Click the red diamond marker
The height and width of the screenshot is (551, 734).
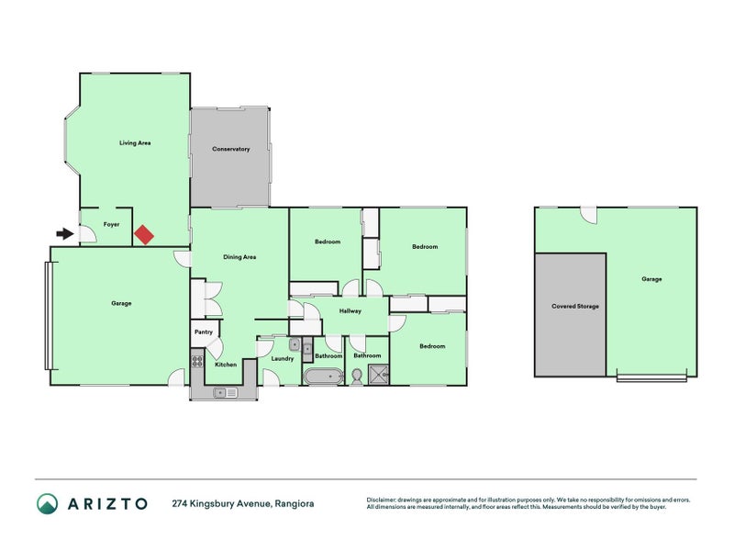[144, 235]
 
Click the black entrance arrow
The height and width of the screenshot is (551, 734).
[65, 233]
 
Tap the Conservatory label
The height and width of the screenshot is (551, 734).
[231, 149]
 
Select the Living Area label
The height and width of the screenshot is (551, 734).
[135, 143]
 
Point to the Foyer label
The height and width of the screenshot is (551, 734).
[111, 224]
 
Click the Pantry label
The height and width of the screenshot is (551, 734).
[204, 332]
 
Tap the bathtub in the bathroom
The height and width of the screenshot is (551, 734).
[323, 377]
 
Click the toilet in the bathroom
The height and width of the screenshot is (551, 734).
[357, 377]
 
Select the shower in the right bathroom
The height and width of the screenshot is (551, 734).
[379, 375]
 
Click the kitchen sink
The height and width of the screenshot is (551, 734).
[226, 393]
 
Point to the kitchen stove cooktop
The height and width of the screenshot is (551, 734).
[197, 361]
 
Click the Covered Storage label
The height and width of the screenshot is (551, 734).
[575, 306]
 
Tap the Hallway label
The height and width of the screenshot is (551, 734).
[350, 310]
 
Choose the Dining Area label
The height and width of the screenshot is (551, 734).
[239, 257]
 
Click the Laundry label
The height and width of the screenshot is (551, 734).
[283, 358]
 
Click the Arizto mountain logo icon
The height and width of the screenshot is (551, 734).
[48, 503]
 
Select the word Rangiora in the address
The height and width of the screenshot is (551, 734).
[295, 503]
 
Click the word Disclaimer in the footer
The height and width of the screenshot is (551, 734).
[381, 500]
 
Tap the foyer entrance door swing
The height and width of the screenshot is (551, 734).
[87, 234]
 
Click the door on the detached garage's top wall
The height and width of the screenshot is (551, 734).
[589, 215]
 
